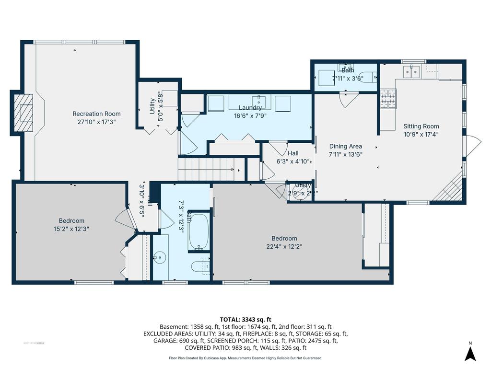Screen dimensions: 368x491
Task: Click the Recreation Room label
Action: click(96, 114)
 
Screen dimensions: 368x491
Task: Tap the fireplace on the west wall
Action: click(23, 113)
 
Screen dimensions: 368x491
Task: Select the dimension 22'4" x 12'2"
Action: click(284, 247)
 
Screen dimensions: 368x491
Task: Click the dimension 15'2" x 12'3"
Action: click(71, 229)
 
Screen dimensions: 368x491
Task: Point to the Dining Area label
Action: click(345, 146)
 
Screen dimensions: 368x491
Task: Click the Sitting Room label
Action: click(421, 126)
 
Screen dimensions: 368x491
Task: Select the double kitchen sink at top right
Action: click(411, 72)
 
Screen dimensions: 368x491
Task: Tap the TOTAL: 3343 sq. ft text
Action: click(245, 319)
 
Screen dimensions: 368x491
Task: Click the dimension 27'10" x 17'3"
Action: click(96, 122)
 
